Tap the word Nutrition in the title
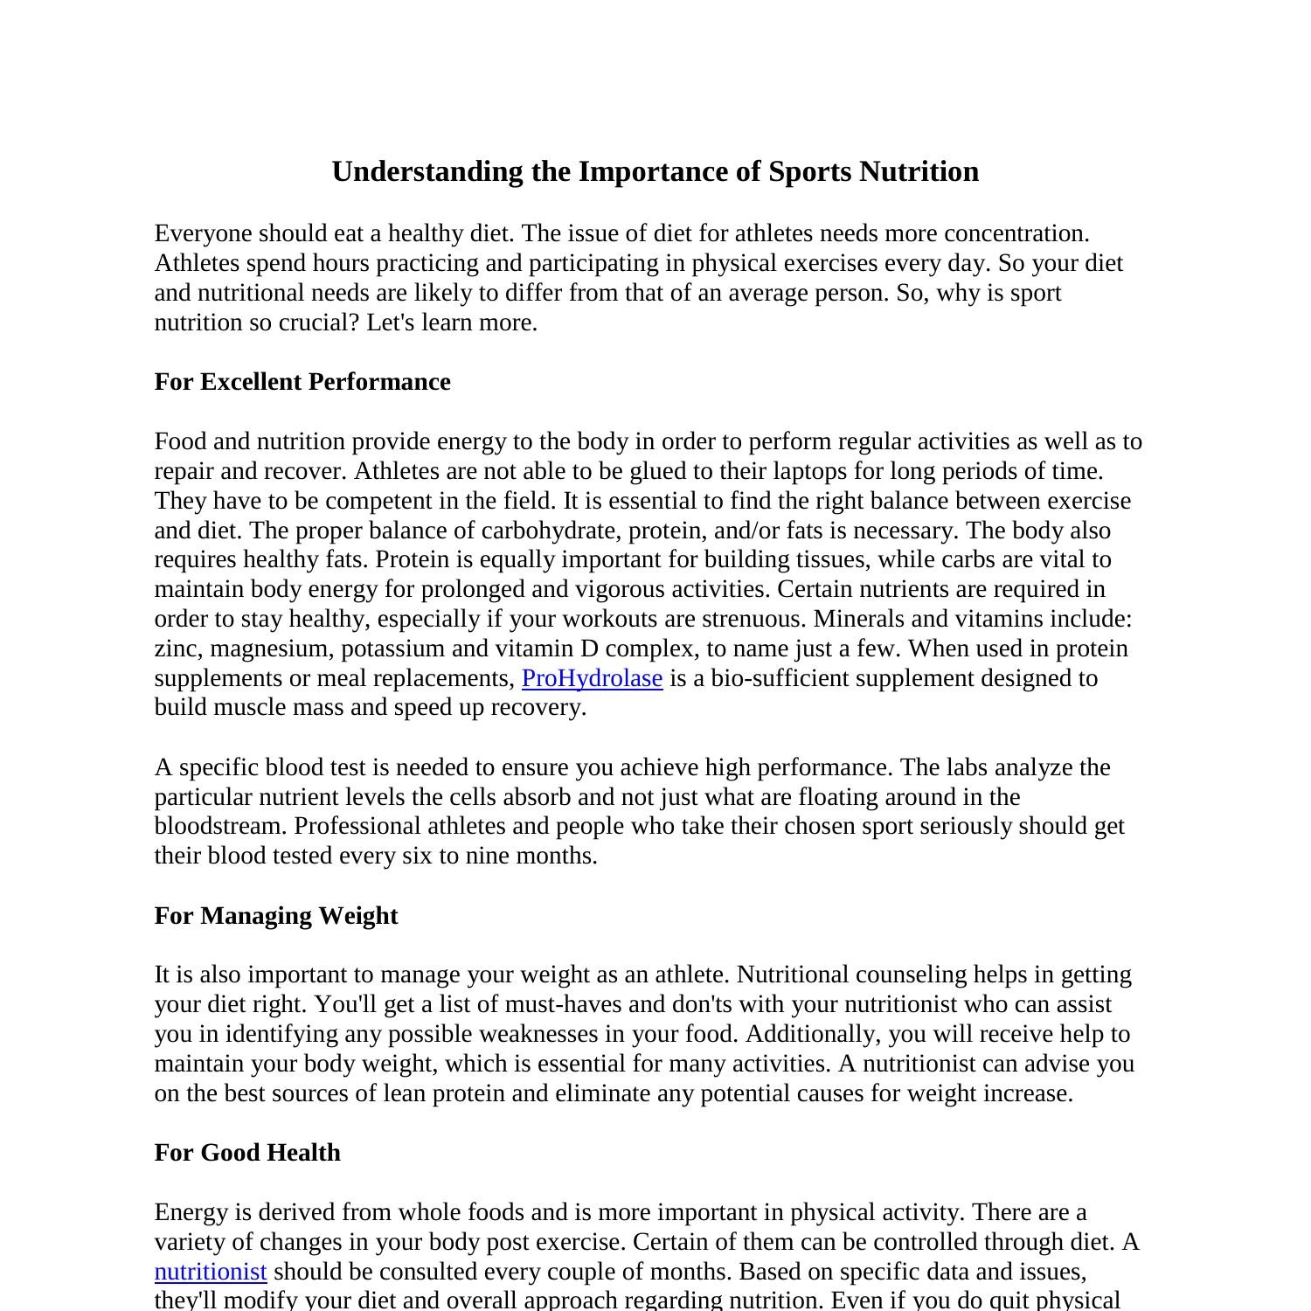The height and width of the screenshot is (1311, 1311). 919,171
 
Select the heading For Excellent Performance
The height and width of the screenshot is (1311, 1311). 302,382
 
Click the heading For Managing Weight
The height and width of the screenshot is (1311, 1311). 276,915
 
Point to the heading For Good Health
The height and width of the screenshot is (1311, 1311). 247,1152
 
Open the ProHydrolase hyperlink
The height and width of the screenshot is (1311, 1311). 592,678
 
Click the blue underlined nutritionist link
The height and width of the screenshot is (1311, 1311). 211,1271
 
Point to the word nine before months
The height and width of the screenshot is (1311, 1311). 488,856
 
